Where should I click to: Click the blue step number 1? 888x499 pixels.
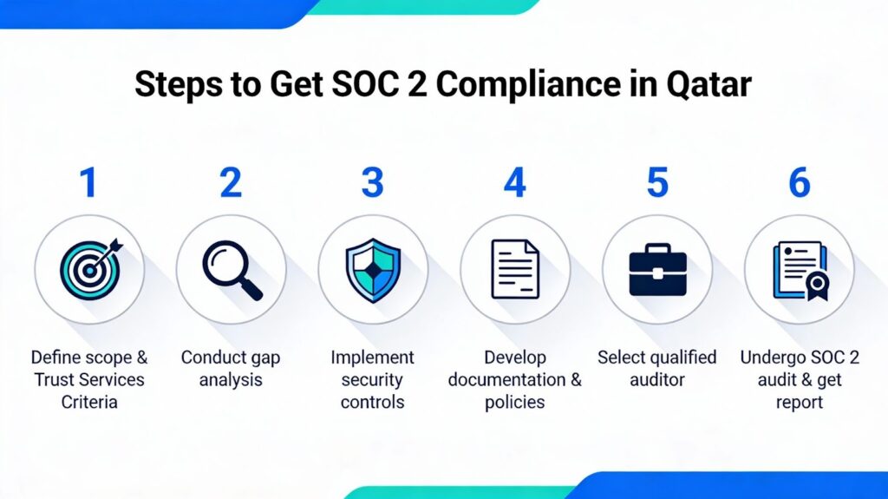(x=88, y=183)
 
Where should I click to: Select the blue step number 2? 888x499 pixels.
(x=231, y=183)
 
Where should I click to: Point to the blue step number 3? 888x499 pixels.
(x=372, y=183)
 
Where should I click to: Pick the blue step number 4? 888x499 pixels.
(x=515, y=183)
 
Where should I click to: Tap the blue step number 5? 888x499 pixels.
(x=657, y=183)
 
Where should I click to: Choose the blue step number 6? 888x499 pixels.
(x=799, y=183)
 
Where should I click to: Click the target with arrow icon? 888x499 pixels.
(x=88, y=269)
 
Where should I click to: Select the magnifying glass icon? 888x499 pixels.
(x=231, y=270)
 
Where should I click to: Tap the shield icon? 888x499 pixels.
(x=373, y=270)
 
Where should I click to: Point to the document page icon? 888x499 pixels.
(x=515, y=270)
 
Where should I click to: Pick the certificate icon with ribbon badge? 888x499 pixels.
(x=799, y=270)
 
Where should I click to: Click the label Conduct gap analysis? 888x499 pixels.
(x=231, y=368)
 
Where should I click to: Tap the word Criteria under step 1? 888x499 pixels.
(x=88, y=402)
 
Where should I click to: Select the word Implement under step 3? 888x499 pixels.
(x=373, y=358)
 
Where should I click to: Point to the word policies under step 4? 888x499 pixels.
(x=515, y=402)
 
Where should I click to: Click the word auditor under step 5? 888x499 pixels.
(x=657, y=379)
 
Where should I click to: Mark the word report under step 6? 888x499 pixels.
(x=799, y=402)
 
